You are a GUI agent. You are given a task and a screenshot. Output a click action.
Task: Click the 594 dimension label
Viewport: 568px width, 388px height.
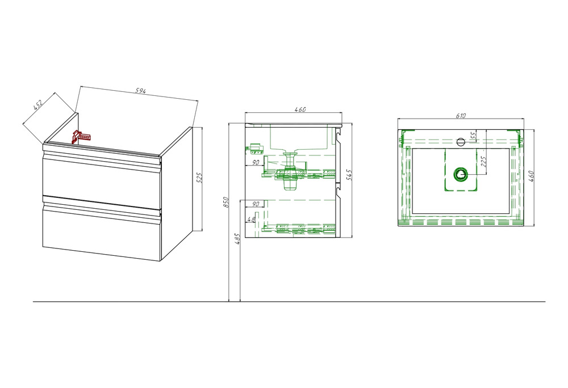pos(140,91)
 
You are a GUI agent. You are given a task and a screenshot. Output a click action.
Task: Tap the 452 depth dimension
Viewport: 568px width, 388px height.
pos(37,104)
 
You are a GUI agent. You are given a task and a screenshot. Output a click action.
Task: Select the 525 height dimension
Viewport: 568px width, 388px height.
pos(199,178)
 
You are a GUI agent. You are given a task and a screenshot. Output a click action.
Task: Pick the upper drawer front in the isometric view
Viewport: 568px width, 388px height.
pos(102,177)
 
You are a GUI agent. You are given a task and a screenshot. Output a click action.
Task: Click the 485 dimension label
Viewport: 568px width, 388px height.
pos(237,239)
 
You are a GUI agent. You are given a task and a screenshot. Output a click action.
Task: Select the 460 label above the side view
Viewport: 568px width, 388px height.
pos(300,109)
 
